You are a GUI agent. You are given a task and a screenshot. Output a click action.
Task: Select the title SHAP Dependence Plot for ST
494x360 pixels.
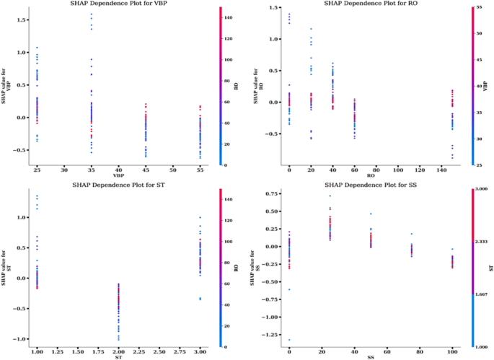pyautogui.click(x=119, y=185)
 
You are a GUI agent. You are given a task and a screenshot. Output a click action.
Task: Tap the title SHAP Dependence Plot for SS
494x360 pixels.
pyautogui.click(x=371, y=185)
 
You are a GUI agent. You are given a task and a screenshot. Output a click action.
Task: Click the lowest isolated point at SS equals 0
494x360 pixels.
pyautogui.click(x=289, y=340)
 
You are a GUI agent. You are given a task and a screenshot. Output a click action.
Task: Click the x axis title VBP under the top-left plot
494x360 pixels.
pyautogui.click(x=118, y=176)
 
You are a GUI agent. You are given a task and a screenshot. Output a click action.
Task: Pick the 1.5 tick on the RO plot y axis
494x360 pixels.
pyautogui.click(x=274, y=6)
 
